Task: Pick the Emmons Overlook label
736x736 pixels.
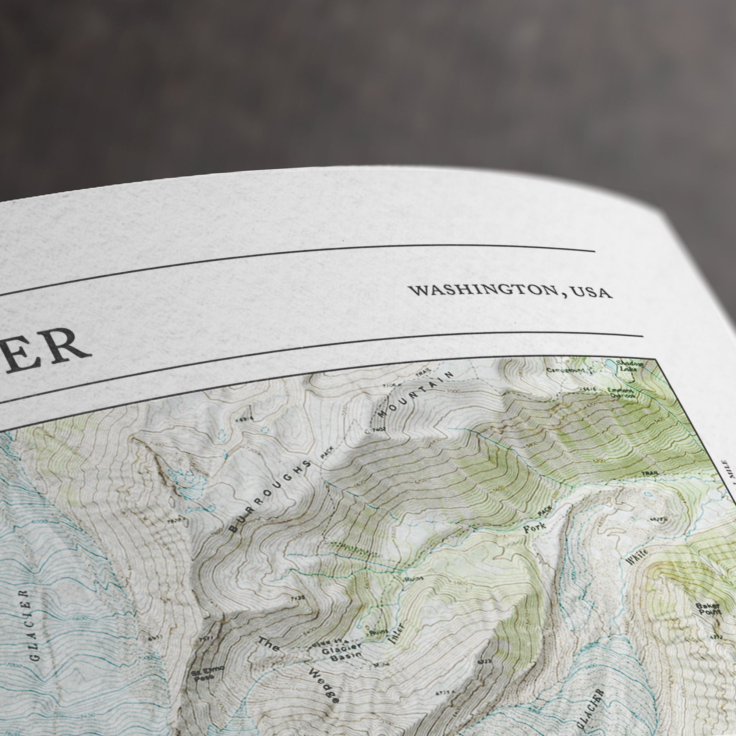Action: pyautogui.click(x=622, y=393)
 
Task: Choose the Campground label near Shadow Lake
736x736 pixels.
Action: pyautogui.click(x=566, y=370)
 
